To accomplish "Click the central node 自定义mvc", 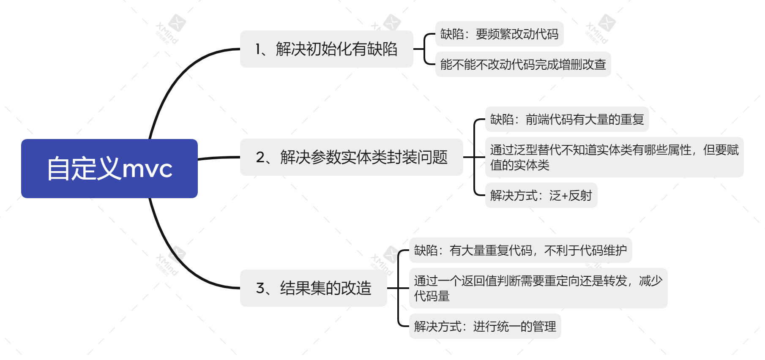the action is (109, 168).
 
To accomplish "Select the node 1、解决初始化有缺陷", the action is (326, 49).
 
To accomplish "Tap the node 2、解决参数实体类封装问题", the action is (351, 157).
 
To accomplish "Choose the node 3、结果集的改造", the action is (313, 288).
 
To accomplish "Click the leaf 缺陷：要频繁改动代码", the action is (499, 34).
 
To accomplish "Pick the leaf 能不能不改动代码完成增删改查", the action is (523, 64).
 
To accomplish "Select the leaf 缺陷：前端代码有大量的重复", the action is (566, 120).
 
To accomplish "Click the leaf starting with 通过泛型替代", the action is (614, 157).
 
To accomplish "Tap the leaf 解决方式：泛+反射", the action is (541, 195).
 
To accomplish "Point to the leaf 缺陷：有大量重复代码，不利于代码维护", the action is (520, 250).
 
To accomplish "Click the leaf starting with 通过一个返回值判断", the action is (538, 288).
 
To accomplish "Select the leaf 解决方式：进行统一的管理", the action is (485, 326).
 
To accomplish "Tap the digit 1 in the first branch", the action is (258, 49).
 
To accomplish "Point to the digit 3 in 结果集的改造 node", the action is (260, 289).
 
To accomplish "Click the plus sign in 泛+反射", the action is (565, 196).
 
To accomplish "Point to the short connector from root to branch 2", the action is (219, 158).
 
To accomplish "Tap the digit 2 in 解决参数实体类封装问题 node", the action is (260, 158).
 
